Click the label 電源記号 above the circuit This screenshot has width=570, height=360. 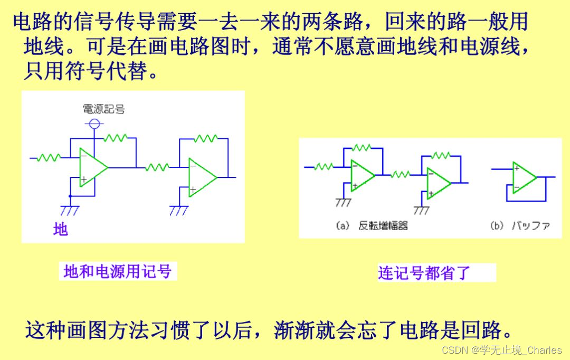click(104, 109)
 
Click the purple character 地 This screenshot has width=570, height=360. click(61, 230)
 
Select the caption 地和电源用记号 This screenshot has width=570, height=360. click(117, 271)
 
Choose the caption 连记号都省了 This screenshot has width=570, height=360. click(424, 273)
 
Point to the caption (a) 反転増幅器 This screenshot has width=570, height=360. click(372, 226)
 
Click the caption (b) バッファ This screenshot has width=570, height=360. click(520, 226)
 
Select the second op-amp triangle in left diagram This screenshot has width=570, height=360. click(201, 177)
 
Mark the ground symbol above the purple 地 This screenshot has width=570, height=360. click(70, 210)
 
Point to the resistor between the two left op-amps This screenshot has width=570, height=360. click(157, 167)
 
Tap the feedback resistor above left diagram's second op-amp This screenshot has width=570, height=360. click(206, 139)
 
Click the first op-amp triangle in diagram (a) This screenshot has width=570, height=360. click(362, 175)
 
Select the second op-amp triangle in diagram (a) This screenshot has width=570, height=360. click(438, 183)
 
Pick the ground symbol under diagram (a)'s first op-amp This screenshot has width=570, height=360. click(344, 202)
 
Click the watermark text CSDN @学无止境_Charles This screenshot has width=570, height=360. click(501, 350)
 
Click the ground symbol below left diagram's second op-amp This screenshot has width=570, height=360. click(179, 210)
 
